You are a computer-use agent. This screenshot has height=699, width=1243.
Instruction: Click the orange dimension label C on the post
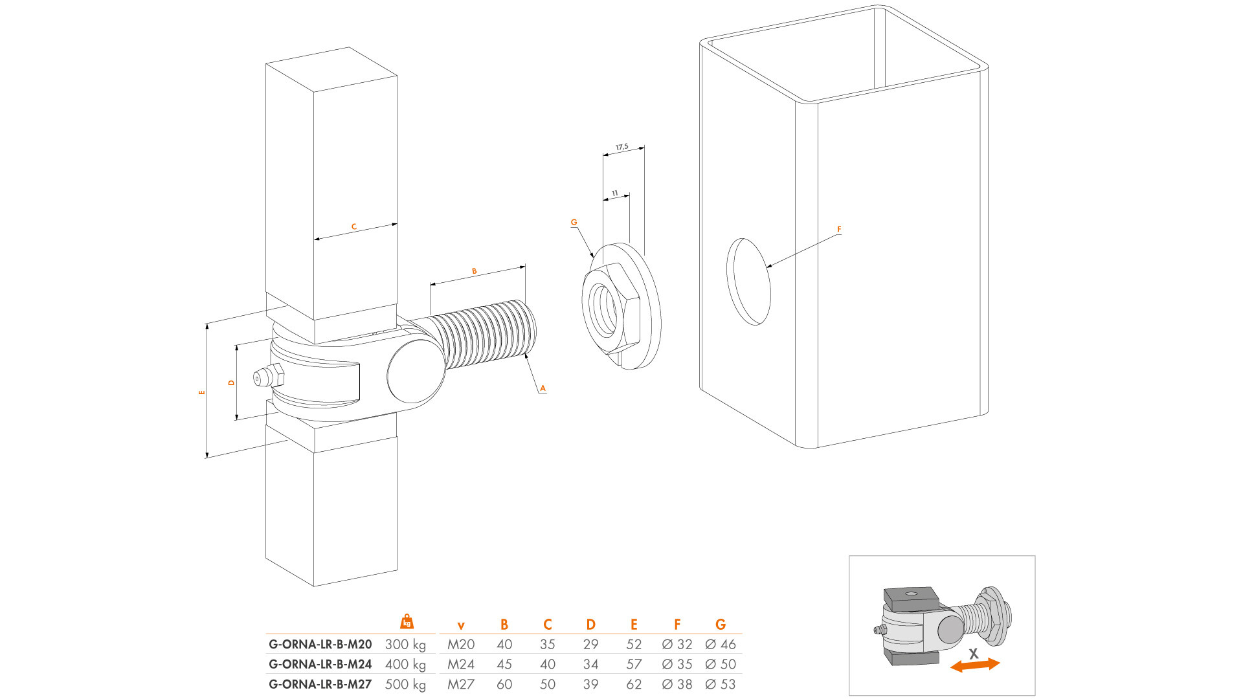(354, 227)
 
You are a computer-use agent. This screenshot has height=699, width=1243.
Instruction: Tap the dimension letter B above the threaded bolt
(475, 271)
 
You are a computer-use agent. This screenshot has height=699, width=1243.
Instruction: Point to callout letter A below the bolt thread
(543, 388)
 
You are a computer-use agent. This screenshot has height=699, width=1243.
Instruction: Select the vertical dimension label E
(202, 392)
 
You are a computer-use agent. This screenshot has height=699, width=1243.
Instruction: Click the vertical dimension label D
(231, 383)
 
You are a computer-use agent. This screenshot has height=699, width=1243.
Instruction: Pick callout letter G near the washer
(574, 222)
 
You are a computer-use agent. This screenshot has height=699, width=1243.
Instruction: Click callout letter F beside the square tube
(839, 229)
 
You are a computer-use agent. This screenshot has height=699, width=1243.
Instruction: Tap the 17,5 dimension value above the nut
(622, 148)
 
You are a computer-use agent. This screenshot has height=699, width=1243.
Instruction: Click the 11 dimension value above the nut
(615, 194)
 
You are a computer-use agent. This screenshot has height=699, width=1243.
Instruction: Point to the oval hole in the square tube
(749, 282)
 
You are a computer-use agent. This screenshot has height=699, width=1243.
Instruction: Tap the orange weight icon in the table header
(407, 622)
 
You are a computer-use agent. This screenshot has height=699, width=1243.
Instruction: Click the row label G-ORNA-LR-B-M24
(320, 664)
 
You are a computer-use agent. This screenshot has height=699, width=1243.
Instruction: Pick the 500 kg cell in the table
(405, 684)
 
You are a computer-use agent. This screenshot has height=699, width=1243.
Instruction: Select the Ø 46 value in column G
(721, 645)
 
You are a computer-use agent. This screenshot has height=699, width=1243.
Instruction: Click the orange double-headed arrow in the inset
(975, 665)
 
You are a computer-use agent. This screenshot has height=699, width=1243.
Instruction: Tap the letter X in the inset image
(974, 654)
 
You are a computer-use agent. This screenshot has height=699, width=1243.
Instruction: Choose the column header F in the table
(677, 625)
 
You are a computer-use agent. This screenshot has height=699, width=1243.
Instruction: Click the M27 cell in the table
(461, 684)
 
